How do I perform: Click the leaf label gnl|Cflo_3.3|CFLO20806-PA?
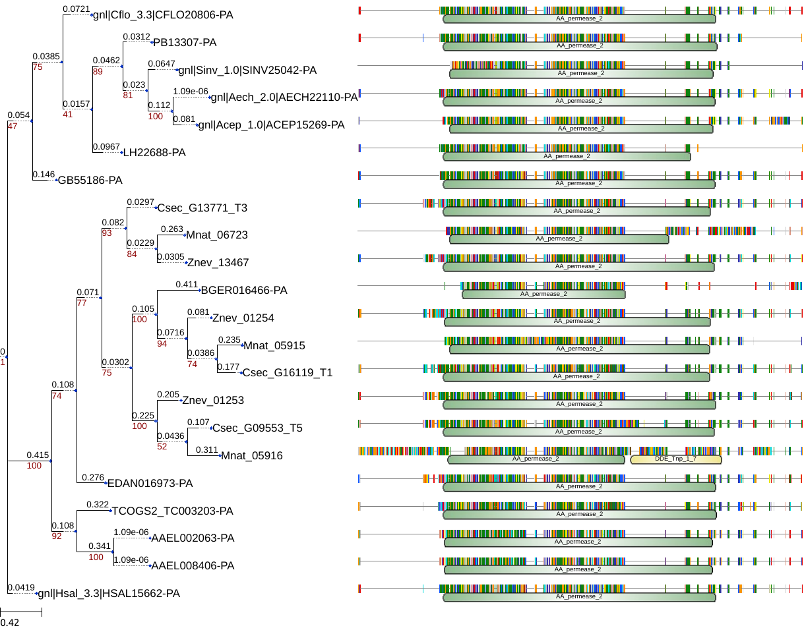coord(163,15)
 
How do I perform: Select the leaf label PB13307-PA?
coord(185,43)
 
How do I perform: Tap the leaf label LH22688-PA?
coord(154,153)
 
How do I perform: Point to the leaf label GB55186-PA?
coord(90,180)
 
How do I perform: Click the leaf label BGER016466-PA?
coord(244,291)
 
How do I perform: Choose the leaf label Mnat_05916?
coord(252,455)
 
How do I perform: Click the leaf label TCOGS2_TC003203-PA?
coord(173,511)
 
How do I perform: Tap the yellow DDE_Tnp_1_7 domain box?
coord(675,459)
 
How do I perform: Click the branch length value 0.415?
coord(38,455)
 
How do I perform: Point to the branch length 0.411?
coord(187,285)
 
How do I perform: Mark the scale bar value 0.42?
coord(10,622)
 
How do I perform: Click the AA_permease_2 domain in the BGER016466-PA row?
coord(543,294)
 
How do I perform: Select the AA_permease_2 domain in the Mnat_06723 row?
coord(559,239)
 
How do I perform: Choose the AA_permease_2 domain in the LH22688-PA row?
coord(567,156)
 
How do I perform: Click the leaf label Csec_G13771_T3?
coord(202,208)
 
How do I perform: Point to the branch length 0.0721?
coord(76,9)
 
